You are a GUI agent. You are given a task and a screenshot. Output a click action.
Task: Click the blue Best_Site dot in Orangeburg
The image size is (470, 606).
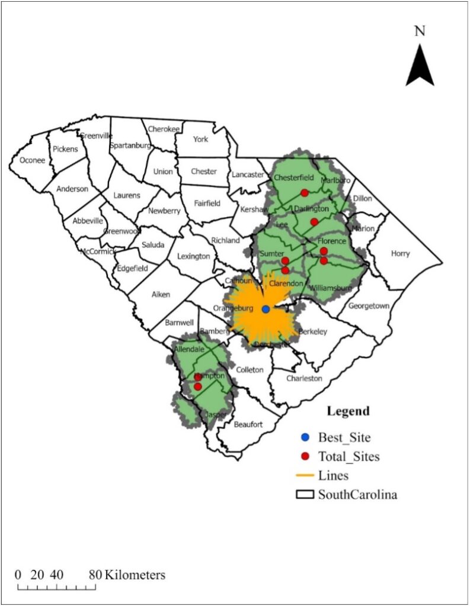click(x=266, y=309)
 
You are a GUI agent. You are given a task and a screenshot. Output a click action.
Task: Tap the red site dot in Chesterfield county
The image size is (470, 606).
click(x=304, y=193)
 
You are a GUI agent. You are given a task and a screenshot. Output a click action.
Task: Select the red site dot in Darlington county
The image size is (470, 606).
click(x=314, y=221)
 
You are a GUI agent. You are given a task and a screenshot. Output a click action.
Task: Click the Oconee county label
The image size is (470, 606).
click(x=32, y=160)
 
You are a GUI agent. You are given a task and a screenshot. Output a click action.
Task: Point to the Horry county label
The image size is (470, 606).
click(x=400, y=253)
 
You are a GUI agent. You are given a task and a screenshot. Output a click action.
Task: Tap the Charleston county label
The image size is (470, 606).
click(x=304, y=378)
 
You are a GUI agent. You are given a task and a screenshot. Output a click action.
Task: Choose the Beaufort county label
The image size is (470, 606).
click(x=248, y=424)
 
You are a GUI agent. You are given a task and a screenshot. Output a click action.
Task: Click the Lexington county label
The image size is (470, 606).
click(x=193, y=256)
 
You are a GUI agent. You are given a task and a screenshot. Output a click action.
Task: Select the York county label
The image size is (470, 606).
click(x=200, y=139)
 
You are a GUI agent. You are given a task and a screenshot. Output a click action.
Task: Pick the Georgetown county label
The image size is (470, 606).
click(x=369, y=306)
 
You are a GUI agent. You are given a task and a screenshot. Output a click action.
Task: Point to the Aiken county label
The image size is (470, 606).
click(x=161, y=294)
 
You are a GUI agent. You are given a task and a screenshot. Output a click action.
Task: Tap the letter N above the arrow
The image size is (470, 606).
click(x=420, y=31)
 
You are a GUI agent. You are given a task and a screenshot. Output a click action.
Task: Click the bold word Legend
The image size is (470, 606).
click(x=348, y=411)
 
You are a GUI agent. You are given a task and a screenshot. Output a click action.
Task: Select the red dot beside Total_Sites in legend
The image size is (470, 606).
click(x=305, y=456)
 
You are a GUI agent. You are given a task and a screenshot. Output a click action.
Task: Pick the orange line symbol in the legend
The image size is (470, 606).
click(x=305, y=475)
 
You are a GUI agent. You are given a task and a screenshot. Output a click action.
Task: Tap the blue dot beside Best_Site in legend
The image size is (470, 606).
click(x=305, y=437)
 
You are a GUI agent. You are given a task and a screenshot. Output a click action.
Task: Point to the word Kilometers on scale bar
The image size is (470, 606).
click(x=136, y=575)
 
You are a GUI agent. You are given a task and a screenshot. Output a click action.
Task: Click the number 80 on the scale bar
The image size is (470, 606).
click(x=95, y=575)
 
